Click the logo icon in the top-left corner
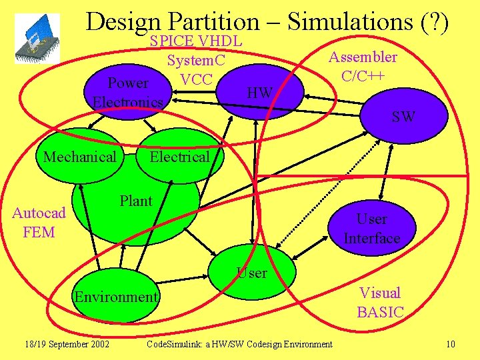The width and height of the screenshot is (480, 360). coord(37,39)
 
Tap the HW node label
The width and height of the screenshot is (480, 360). coord(259,93)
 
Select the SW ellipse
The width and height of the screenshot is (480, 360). coord(403,117)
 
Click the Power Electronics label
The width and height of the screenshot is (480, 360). coord(128,93)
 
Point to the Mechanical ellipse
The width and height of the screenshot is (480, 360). coord(79,157)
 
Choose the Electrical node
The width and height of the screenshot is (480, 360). coord(179,157)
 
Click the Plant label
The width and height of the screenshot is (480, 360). coord(136,201)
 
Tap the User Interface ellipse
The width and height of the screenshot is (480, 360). coord(371,229)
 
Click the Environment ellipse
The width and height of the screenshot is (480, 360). coord(116,297)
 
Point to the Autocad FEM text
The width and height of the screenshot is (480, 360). coord(39,223)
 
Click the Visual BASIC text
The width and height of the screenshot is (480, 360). coord(380,302)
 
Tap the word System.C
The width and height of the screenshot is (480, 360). coord(196,61)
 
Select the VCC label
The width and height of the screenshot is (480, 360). coord(196,79)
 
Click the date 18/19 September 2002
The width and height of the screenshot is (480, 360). coord(66,344)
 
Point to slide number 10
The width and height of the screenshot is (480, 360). coord(451,344)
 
